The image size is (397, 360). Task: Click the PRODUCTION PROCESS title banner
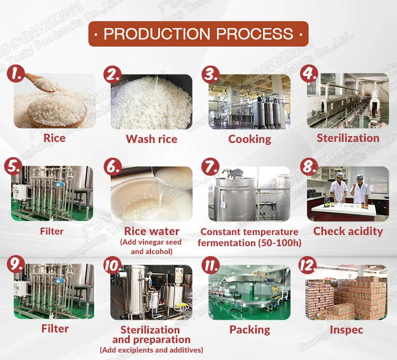click(198, 34)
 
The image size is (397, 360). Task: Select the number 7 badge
click(211, 167)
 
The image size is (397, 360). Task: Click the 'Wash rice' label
click(151, 139)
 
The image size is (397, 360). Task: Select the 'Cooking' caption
click(249, 139)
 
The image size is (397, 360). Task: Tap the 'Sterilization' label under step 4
click(348, 138)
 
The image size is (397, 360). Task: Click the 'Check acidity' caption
click(348, 231)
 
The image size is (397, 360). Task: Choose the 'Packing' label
click(249, 330)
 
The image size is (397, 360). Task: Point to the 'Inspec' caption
click(348, 330)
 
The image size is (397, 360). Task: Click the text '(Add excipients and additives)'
click(151, 350)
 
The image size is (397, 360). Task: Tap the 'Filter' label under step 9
click(55, 329)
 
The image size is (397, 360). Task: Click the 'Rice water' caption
click(151, 231)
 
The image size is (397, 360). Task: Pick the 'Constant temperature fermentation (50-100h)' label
click(249, 237)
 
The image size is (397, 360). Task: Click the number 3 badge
click(211, 74)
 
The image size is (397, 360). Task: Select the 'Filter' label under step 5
click(51, 231)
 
